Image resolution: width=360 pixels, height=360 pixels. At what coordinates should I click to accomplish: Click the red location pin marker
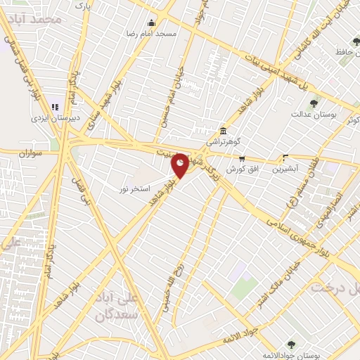pyautogui.click(x=181, y=166)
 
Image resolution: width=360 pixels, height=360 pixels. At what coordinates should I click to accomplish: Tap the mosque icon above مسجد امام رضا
pyautogui.click(x=151, y=22)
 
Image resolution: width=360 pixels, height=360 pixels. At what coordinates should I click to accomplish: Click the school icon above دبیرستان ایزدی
pyautogui.click(x=55, y=107)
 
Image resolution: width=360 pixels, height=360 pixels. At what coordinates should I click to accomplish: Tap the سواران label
pyautogui.click(x=32, y=152)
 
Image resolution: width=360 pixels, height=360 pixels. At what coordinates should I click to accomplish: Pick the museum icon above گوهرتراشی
pyautogui.click(x=222, y=130)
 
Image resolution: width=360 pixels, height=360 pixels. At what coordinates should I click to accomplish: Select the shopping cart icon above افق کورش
pyautogui.click(x=243, y=158)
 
